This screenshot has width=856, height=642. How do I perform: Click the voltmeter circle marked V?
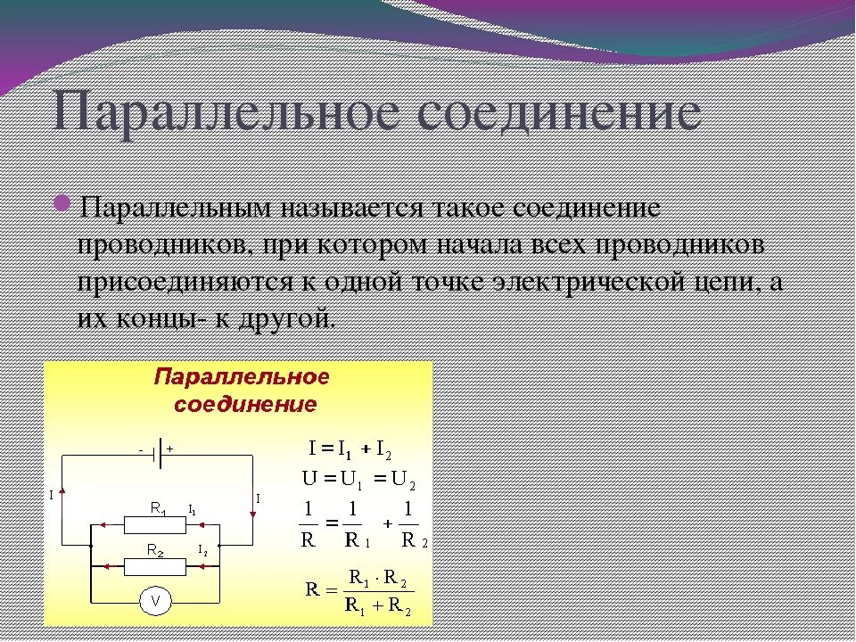pyautogui.click(x=156, y=602)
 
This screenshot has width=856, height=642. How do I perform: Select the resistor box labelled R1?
pyautogui.click(x=156, y=525)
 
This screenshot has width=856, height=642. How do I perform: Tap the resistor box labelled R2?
pyautogui.click(x=156, y=564)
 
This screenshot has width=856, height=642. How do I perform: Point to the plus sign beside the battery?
pyautogui.click(x=169, y=449)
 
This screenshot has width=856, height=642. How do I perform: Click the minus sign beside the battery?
pyautogui.click(x=141, y=450)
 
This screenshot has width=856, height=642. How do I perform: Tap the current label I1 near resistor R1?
pyautogui.click(x=192, y=509)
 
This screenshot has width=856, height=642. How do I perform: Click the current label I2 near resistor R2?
pyautogui.click(x=202, y=548)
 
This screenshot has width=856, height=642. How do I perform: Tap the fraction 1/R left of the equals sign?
pyautogui.click(x=309, y=523)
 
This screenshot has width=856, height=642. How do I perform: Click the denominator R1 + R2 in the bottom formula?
pyautogui.click(x=378, y=610)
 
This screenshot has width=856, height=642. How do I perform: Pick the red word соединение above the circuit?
pyautogui.click(x=244, y=404)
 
